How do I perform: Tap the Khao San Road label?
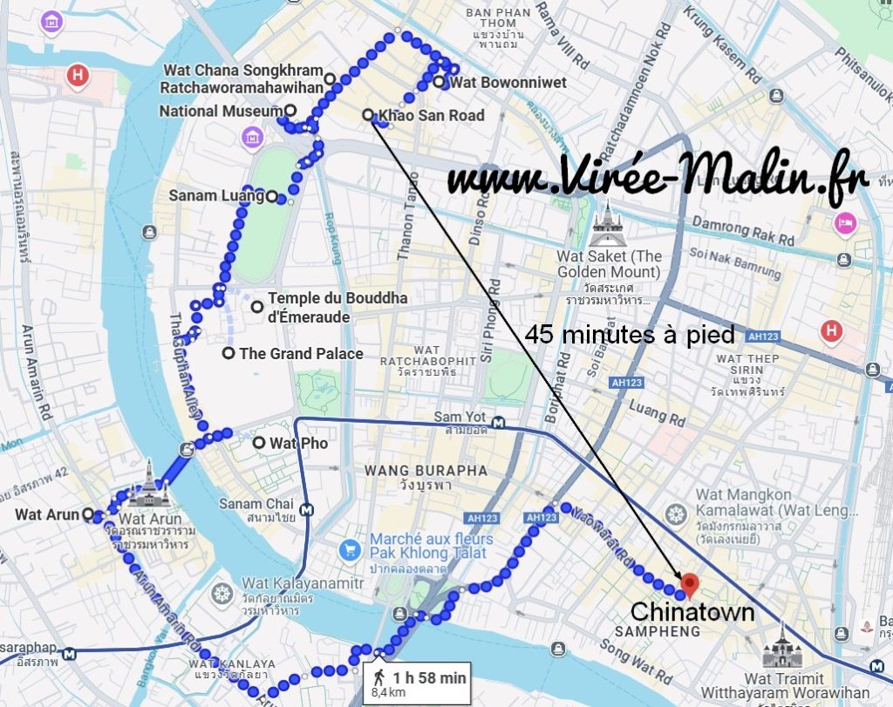(x=431, y=115)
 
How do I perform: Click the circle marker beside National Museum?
(x=290, y=111)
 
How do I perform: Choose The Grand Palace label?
(x=301, y=353)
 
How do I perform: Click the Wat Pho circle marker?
(x=259, y=443)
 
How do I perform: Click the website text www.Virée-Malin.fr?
(x=658, y=179)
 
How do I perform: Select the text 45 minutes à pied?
(x=631, y=334)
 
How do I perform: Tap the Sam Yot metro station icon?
(x=497, y=422)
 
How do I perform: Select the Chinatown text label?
(x=692, y=611)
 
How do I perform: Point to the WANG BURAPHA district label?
(x=426, y=471)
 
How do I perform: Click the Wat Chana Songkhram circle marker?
(x=330, y=78)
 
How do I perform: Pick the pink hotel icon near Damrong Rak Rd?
(x=845, y=222)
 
